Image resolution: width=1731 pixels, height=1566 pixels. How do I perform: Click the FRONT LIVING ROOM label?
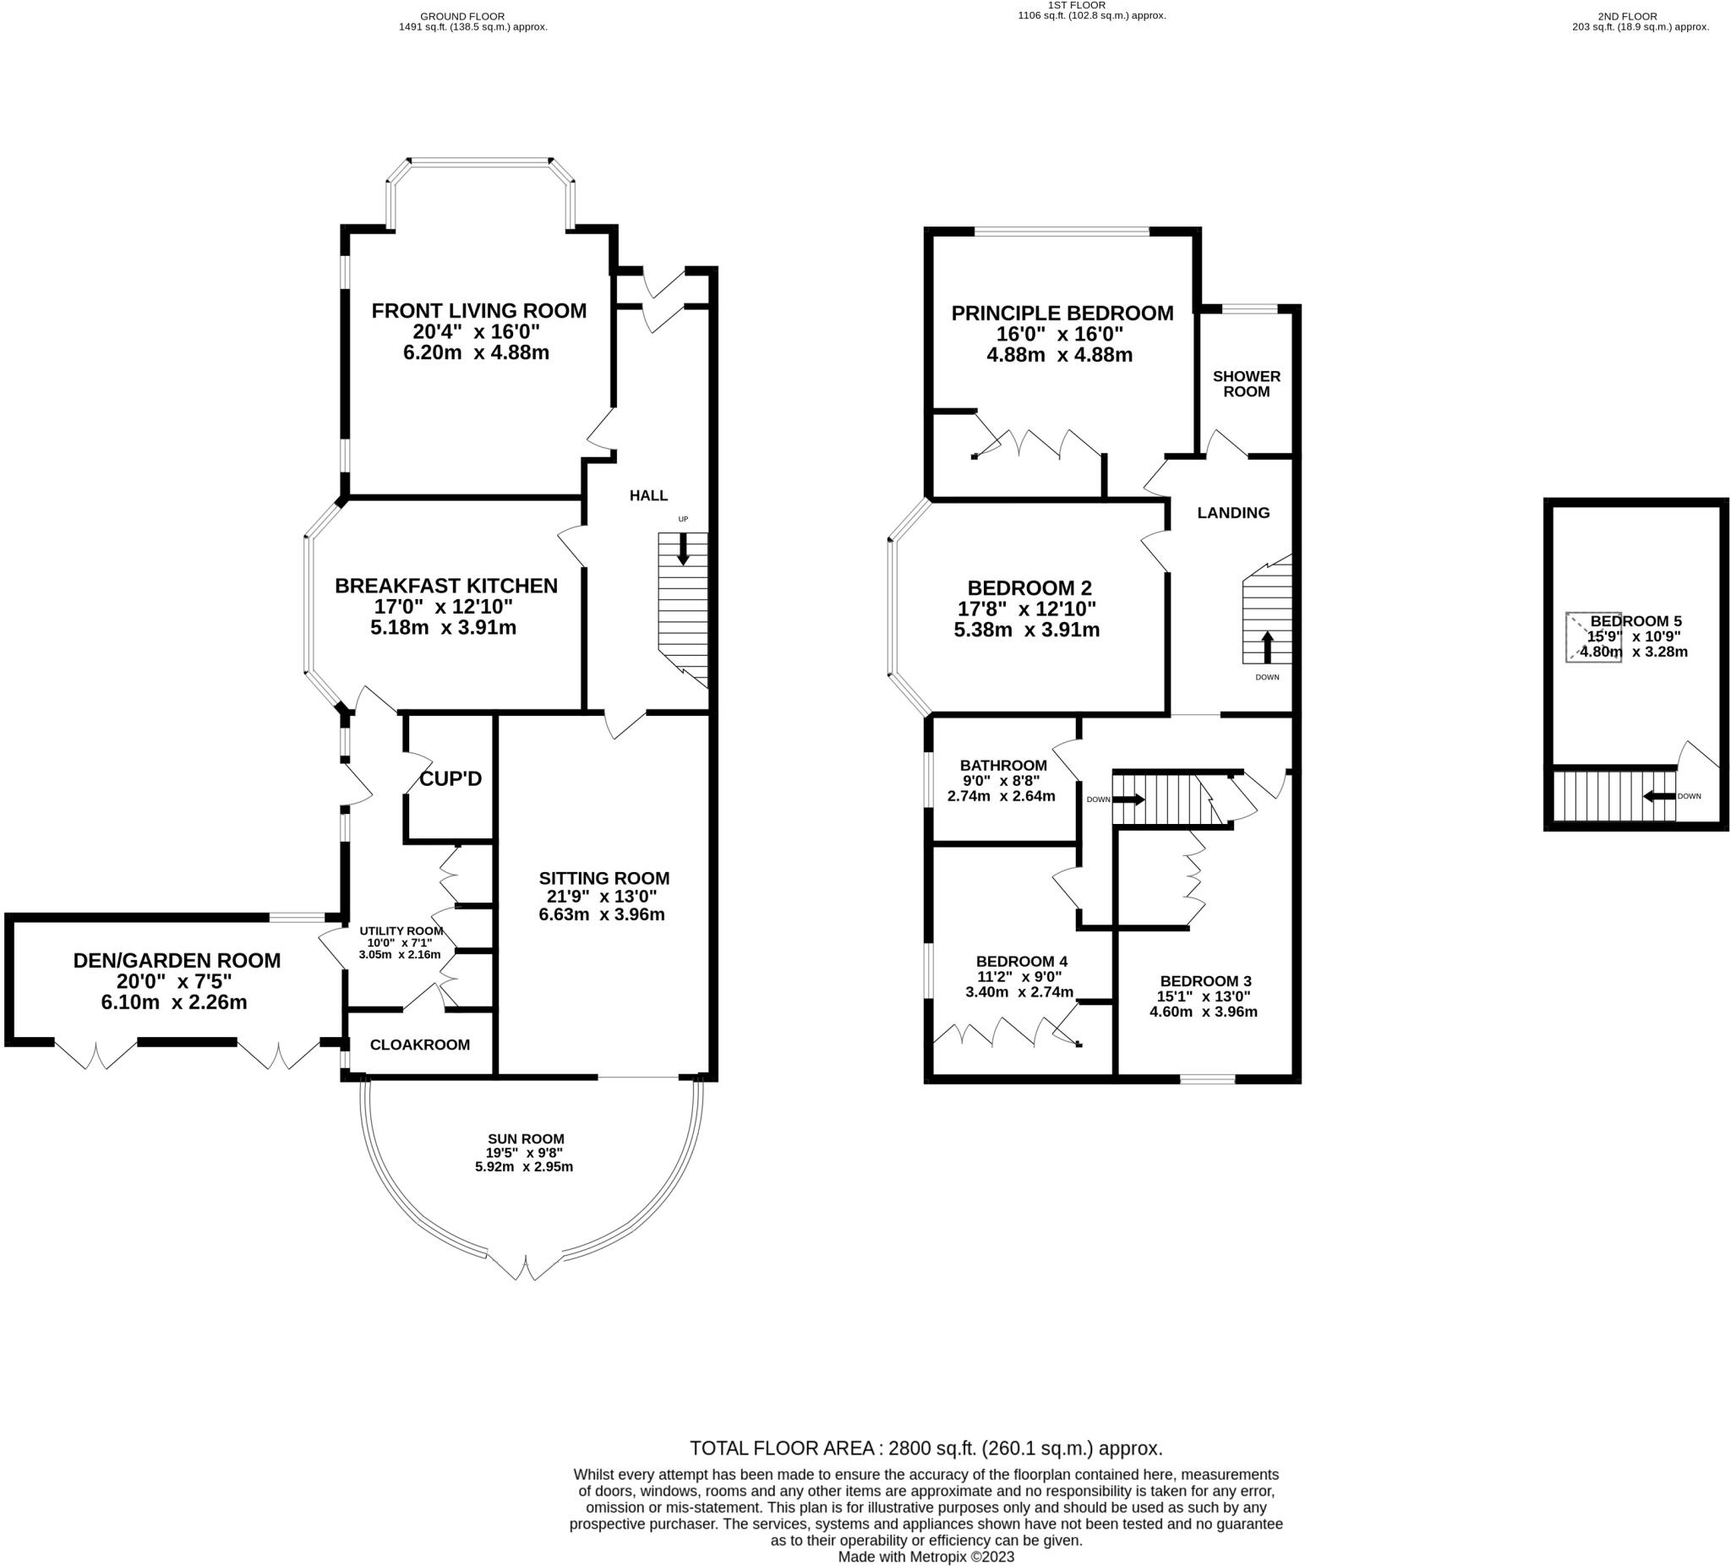(478, 311)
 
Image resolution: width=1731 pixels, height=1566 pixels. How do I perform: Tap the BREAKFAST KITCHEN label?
(445, 586)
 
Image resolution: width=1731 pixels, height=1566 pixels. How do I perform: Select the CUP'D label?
(450, 778)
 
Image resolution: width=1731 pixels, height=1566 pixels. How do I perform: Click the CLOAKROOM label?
(420, 1045)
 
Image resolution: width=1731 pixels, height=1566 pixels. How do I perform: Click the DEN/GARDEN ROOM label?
(177, 961)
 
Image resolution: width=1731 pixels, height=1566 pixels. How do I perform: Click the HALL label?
(648, 495)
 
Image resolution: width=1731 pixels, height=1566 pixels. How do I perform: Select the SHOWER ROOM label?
(1246, 384)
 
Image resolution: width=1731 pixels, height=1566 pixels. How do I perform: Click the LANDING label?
(1233, 512)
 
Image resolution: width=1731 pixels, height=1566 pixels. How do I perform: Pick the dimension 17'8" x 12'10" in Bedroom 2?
(1027, 608)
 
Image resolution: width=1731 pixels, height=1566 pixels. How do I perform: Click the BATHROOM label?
(1003, 765)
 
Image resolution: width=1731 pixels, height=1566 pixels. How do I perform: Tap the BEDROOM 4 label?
(1021, 961)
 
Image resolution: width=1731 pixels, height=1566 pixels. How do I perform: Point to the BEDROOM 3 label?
(1204, 980)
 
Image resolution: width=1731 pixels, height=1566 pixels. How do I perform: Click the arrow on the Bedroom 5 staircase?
(1658, 796)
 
